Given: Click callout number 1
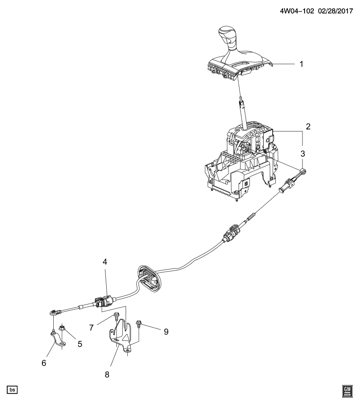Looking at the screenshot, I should point(301,64).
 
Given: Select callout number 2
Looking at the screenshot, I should point(308,126).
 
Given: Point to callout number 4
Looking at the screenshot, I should point(104,262).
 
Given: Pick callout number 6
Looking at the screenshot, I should point(44,363).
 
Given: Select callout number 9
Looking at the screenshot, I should point(166,332).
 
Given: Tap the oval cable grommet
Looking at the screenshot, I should point(149,279).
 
